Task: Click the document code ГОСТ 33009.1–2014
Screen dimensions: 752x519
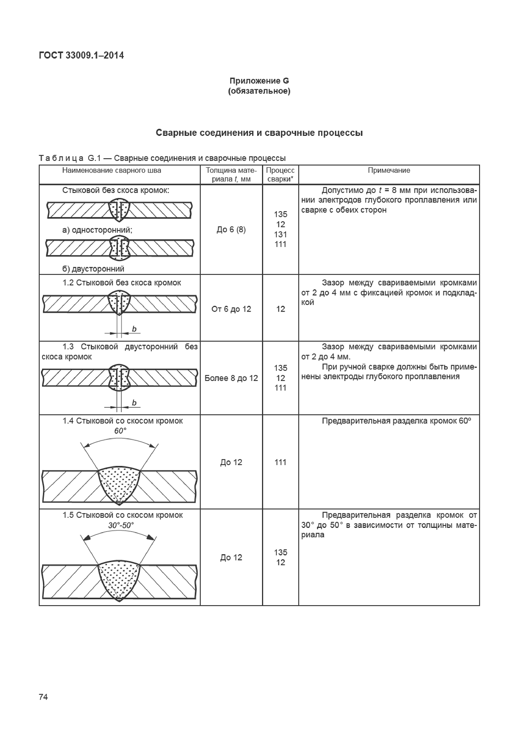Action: click(x=81, y=56)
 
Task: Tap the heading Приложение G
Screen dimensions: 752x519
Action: click(x=259, y=81)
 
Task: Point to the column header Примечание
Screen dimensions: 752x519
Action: click(x=389, y=170)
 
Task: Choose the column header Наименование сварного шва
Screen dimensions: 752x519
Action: click(x=112, y=170)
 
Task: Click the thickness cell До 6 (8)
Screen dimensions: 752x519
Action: click(x=231, y=230)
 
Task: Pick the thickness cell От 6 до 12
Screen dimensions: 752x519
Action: click(x=231, y=309)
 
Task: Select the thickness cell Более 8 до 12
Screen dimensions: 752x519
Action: click(x=231, y=378)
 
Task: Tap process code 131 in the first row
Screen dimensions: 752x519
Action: click(x=280, y=234)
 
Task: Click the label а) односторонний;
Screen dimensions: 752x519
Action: click(x=97, y=230)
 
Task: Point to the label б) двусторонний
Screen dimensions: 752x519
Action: click(x=93, y=269)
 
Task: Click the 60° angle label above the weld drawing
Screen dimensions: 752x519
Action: click(x=120, y=431)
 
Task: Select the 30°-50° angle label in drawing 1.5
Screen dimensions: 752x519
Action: click(x=121, y=526)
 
